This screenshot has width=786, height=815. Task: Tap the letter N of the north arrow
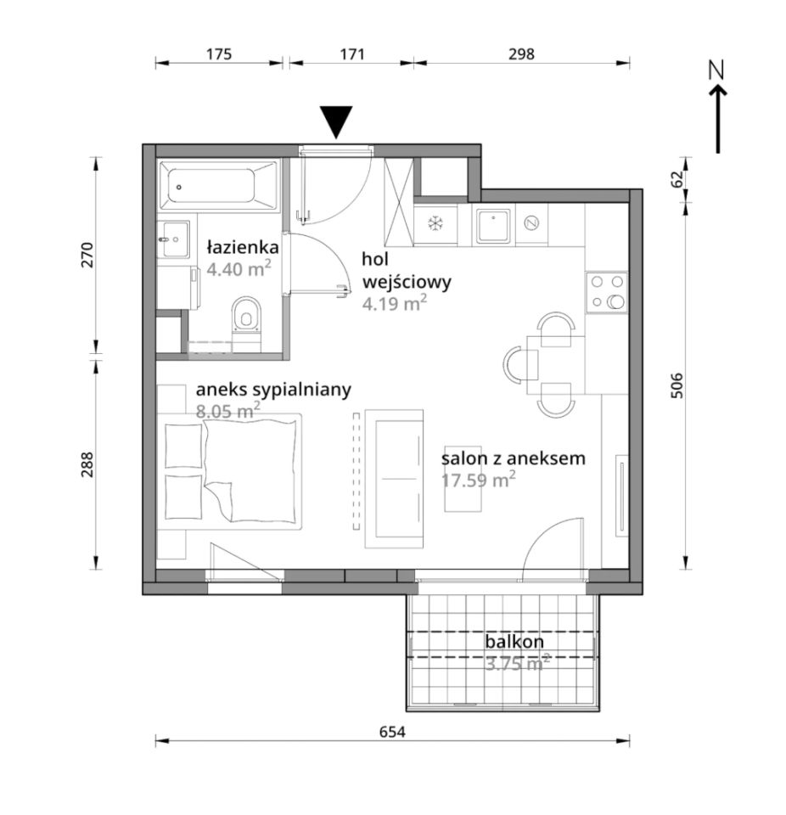717,70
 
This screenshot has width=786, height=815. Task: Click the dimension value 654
392,732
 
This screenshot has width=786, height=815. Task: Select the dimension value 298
521,54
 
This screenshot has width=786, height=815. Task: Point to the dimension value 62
677,179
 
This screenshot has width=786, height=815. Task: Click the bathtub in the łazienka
218,186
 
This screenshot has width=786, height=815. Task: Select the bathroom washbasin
174,239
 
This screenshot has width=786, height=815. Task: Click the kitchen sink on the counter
493,225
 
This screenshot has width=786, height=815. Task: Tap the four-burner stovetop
607,292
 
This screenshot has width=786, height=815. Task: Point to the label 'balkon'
514,642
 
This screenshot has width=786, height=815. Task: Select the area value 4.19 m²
395,302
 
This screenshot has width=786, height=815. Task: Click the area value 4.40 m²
239,269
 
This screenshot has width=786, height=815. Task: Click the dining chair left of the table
519,364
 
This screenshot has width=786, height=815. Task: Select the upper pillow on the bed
183,446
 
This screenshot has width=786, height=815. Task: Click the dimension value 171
352,54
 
